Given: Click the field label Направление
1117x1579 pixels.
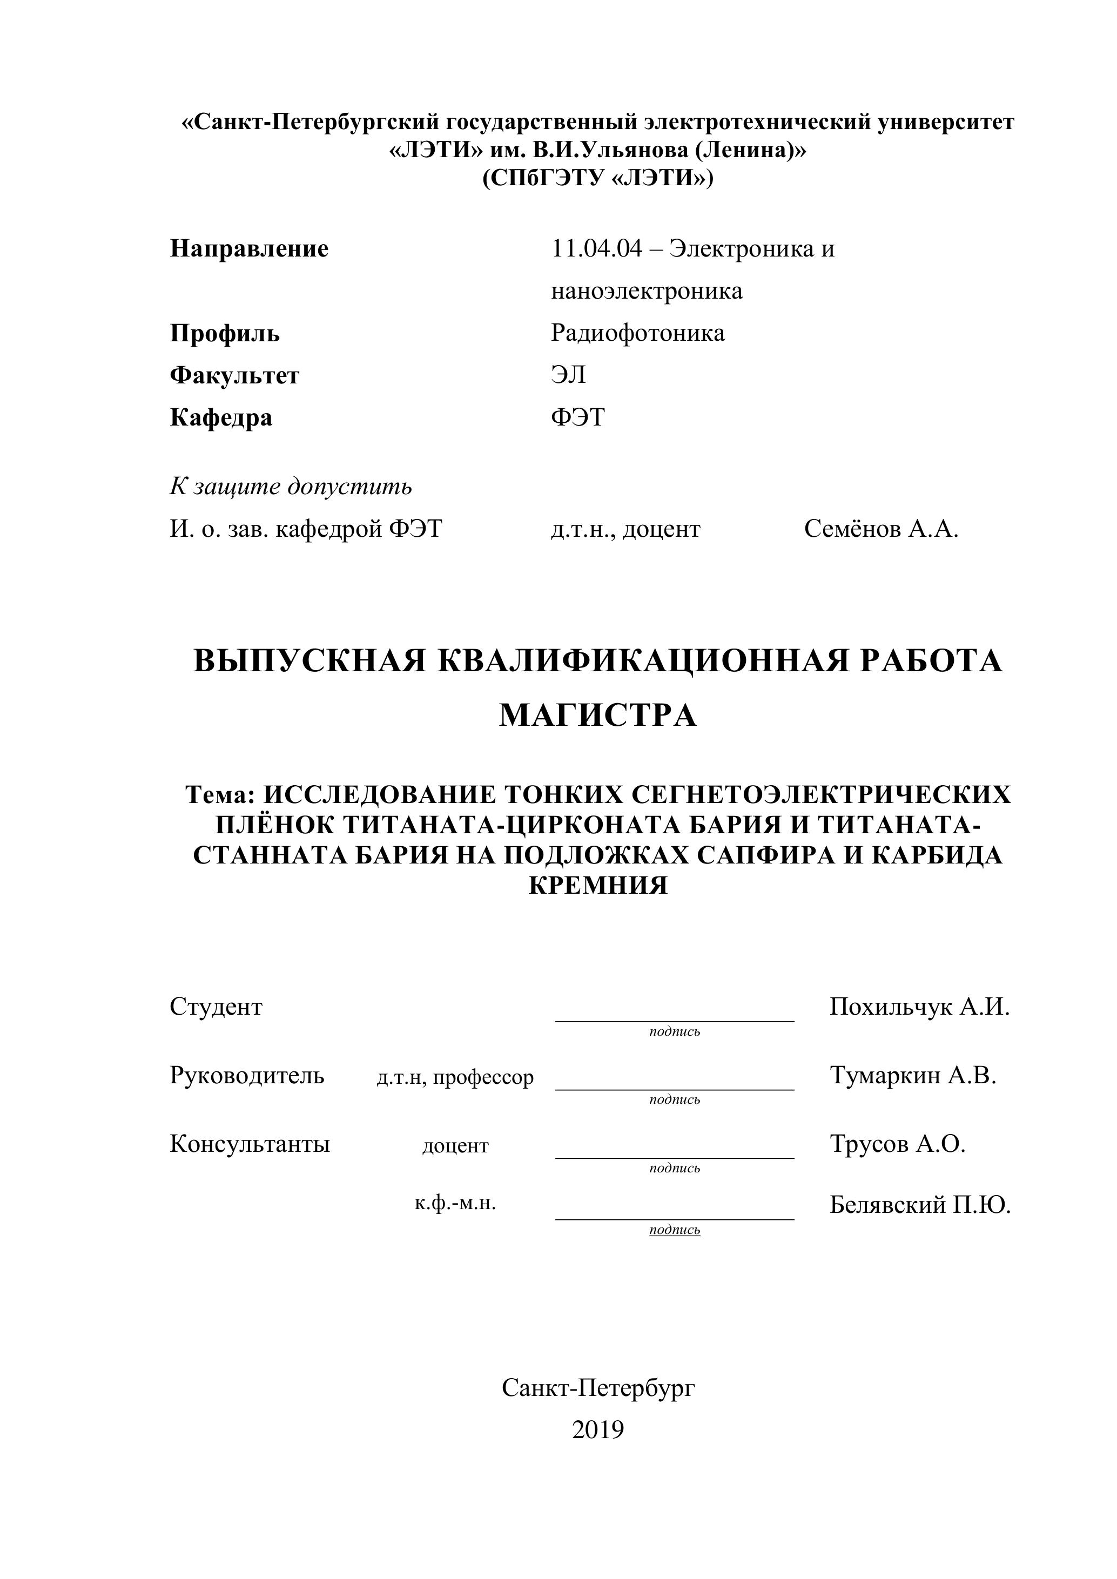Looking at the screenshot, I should (249, 248).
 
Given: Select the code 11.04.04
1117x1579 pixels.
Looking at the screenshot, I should (596, 248).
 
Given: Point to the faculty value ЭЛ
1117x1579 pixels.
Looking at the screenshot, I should (568, 375).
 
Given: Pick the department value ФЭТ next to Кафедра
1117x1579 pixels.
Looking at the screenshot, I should (578, 417).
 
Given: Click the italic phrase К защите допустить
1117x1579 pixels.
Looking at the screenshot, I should (291, 487).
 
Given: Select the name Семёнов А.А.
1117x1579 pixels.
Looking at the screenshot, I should (880, 530).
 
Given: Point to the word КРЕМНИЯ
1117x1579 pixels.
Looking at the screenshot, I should (598, 885).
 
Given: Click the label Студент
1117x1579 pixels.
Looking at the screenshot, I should (216, 1007).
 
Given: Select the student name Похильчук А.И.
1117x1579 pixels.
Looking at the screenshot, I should (920, 1007).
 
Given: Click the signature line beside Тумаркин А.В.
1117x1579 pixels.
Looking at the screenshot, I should (674, 1088).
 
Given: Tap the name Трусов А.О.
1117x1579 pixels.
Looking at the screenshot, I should (898, 1144).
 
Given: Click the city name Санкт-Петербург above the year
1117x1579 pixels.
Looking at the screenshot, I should (598, 1388).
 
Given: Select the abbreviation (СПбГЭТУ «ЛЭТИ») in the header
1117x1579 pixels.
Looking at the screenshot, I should (598, 178).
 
